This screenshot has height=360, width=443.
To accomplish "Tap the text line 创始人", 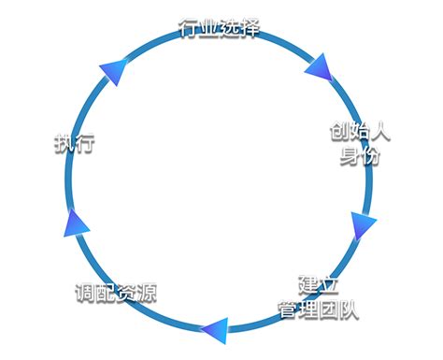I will [x=360, y=131].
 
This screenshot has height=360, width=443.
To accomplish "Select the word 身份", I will [x=360, y=154].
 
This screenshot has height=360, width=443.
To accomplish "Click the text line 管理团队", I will [x=319, y=308].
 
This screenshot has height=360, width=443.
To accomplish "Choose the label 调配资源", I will [x=116, y=292].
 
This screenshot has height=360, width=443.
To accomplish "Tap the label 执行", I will [x=74, y=145].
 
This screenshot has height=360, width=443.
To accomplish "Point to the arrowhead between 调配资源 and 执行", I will [x=75, y=223].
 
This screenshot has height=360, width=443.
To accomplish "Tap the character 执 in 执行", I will [x=64, y=145].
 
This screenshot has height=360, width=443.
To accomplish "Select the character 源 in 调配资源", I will [x=146, y=292].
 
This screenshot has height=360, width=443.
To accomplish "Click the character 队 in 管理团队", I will [x=349, y=308].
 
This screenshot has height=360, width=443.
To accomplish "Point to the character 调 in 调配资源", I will [x=85, y=292].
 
